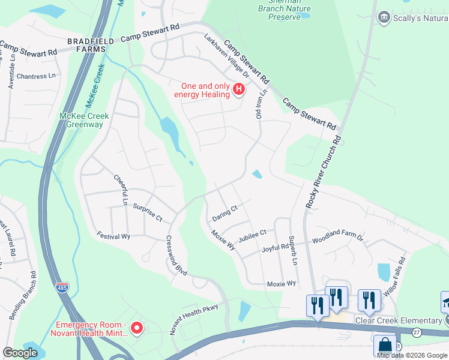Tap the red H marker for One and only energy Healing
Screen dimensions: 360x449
pyautogui.click(x=239, y=90)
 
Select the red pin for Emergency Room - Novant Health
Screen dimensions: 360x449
pyautogui.click(x=136, y=328)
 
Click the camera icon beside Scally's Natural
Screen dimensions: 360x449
pyautogui.click(x=383, y=18)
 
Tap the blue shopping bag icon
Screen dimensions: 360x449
pyautogui.click(x=384, y=346)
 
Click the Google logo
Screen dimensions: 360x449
pyautogui.click(x=20, y=353)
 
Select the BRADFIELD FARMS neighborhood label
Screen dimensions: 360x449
pyautogui.click(x=91, y=41)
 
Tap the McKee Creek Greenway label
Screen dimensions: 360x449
pyautogui.click(x=81, y=120)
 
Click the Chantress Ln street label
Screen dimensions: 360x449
pyautogui.click(x=36, y=76)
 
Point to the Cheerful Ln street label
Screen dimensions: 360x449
pyautogui.click(x=121, y=190)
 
